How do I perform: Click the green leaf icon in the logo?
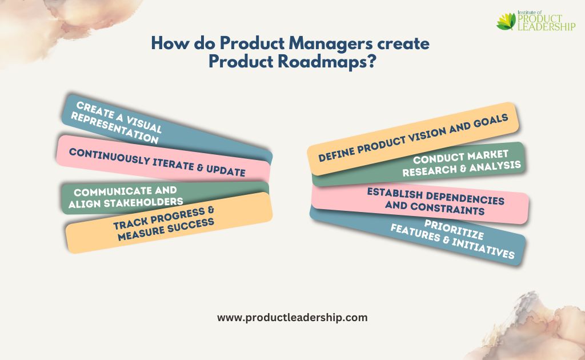[x=506, y=21]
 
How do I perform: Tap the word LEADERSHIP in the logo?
[x=547, y=26]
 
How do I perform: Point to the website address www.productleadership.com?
[x=292, y=318]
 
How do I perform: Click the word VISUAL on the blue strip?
[x=143, y=124]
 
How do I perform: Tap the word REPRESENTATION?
[x=114, y=128]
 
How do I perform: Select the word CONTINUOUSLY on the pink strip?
[x=109, y=156]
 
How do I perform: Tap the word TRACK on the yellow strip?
[x=131, y=223]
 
